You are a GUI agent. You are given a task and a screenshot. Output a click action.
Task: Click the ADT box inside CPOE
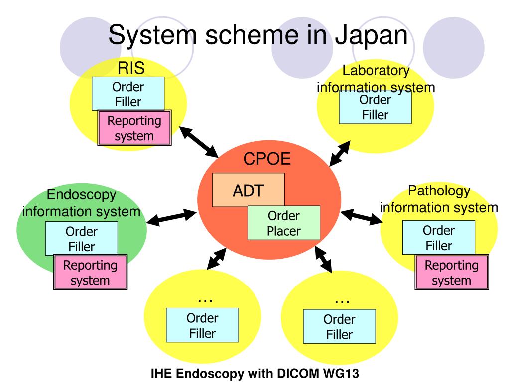click(x=248, y=190)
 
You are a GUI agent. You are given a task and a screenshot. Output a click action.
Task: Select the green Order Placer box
click(x=283, y=223)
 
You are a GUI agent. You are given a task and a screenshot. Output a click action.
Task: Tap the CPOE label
click(x=267, y=159)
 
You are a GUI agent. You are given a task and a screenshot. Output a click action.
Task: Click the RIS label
click(x=131, y=68)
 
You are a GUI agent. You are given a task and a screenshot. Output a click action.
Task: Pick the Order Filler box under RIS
click(x=128, y=94)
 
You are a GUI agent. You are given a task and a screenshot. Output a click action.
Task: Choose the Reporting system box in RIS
click(x=134, y=128)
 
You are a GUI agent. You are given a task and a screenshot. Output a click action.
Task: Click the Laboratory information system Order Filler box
click(x=375, y=107)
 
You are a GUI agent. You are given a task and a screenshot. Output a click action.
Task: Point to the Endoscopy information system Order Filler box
click(x=81, y=239)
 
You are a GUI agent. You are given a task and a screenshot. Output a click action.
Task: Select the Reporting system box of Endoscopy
click(x=90, y=272)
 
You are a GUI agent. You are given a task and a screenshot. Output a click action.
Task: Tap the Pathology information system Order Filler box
click(x=438, y=238)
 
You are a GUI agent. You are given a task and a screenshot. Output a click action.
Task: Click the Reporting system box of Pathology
click(x=451, y=272)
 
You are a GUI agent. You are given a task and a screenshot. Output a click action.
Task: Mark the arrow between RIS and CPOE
click(x=199, y=142)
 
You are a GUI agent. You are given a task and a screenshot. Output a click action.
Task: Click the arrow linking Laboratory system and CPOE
click(x=340, y=153)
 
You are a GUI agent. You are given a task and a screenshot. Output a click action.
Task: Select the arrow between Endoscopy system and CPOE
click(x=171, y=217)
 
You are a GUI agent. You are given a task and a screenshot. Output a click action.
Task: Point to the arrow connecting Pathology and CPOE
click(x=361, y=217)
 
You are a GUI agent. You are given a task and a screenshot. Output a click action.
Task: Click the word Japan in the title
click(x=371, y=35)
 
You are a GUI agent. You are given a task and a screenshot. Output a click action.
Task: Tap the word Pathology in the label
click(x=439, y=191)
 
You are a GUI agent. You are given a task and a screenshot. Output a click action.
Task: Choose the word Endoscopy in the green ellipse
click(x=81, y=195)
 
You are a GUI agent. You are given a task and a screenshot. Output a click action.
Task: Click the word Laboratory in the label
click(x=376, y=70)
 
